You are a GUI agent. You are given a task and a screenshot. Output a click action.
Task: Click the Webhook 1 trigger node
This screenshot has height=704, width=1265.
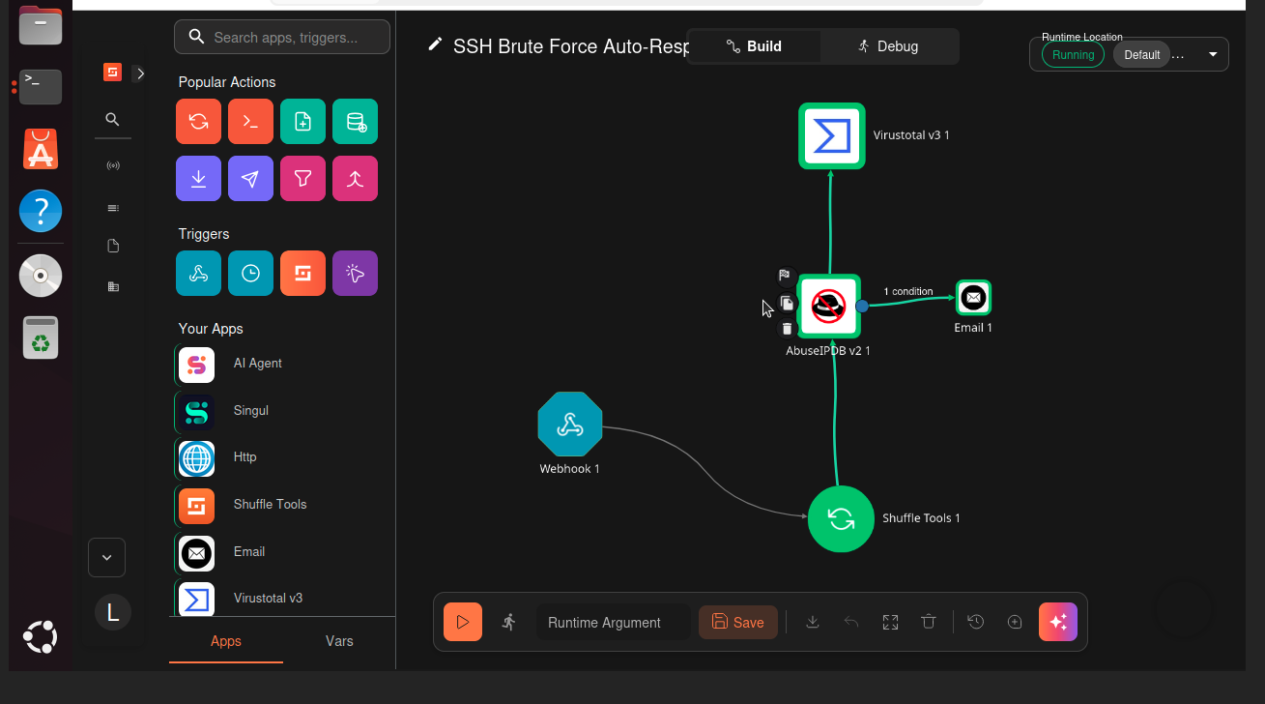click(x=570, y=425)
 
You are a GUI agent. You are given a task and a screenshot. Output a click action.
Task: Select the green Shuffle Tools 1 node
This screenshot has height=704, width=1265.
click(x=841, y=518)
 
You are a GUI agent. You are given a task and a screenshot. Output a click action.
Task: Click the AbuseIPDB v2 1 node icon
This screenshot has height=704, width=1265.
click(x=828, y=307)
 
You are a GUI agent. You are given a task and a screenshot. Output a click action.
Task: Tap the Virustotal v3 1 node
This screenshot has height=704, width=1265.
click(x=831, y=135)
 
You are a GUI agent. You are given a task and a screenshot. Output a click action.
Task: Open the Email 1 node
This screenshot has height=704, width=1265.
click(x=973, y=297)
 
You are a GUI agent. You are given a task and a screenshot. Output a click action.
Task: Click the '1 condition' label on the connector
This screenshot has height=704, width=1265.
click(x=908, y=291)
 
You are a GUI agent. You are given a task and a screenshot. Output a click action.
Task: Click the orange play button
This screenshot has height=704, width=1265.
click(x=463, y=622)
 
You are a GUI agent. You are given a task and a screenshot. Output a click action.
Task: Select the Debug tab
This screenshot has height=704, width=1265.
click(x=888, y=46)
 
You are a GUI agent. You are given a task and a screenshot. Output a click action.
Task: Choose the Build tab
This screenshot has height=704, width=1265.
click(x=754, y=46)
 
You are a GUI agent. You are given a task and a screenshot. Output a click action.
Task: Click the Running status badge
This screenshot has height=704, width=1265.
click(x=1073, y=55)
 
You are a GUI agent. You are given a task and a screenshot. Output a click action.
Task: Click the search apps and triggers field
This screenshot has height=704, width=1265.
click(x=282, y=38)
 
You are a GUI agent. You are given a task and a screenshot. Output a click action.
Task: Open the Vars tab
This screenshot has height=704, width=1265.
click(x=339, y=641)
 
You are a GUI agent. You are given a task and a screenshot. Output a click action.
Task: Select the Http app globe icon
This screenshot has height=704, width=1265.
click(x=196, y=458)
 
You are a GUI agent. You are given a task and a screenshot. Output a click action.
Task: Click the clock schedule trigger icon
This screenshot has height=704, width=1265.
click(x=250, y=274)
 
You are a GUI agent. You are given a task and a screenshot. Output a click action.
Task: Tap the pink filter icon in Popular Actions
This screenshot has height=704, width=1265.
click(x=302, y=179)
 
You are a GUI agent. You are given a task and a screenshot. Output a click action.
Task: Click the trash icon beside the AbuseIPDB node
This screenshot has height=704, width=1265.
click(x=788, y=329)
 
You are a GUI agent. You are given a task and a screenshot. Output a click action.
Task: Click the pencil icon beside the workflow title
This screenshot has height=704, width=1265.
click(x=435, y=44)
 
